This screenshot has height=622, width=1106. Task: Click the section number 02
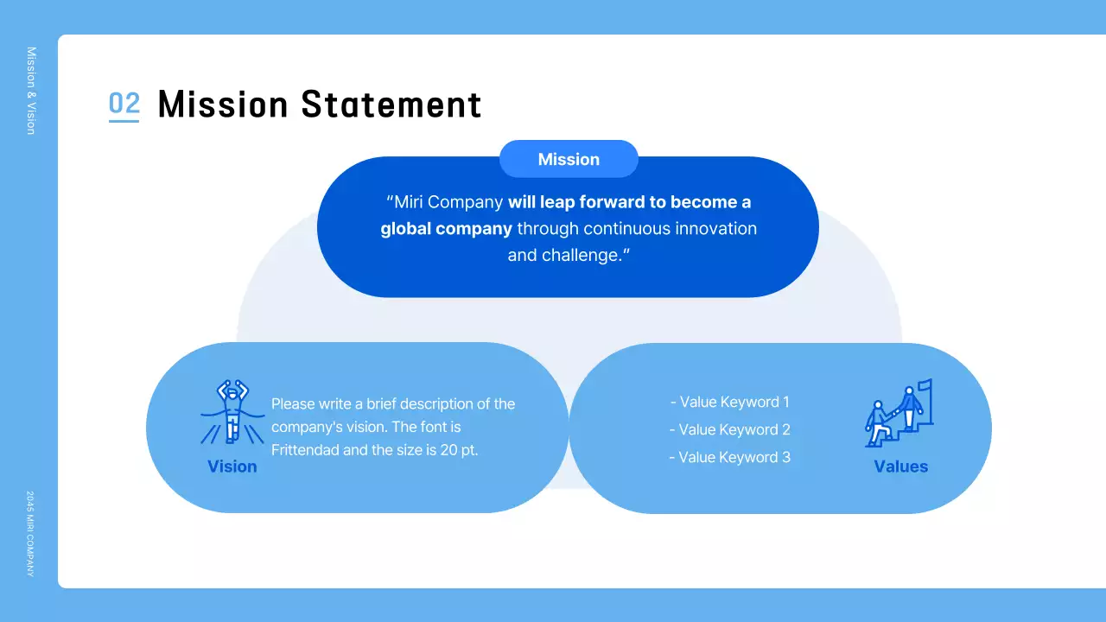(124, 104)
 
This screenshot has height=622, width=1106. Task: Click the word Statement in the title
(391, 105)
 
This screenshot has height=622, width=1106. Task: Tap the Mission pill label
(569, 159)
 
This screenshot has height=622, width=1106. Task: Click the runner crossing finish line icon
(232, 412)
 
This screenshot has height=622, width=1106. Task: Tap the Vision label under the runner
(232, 466)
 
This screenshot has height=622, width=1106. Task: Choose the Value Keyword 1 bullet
(730, 402)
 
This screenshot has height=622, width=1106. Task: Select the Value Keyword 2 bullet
(730, 429)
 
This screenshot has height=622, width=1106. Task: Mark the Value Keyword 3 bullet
(730, 457)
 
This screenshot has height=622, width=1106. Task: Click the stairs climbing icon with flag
(899, 414)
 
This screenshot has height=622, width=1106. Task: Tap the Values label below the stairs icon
(900, 466)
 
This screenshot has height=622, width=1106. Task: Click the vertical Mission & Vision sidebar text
(31, 91)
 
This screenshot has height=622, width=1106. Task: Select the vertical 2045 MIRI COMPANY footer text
(30, 534)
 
